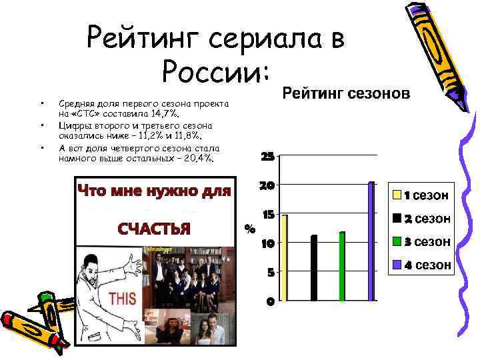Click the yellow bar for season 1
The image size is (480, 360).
[x=285, y=257]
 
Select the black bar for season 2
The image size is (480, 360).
[x=314, y=267]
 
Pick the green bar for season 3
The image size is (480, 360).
[x=342, y=265]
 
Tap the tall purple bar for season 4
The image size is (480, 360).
[x=371, y=241]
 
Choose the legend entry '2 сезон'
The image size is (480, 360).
[x=421, y=219]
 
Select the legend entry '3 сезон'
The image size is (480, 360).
[x=421, y=241]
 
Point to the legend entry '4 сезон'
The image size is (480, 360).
[x=421, y=265]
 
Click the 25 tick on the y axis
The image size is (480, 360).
[x=267, y=157]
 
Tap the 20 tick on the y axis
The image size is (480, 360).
[x=267, y=185]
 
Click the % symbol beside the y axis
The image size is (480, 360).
[x=250, y=229]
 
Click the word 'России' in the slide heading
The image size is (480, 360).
[x=212, y=69]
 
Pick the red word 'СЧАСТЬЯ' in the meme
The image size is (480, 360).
[x=154, y=229]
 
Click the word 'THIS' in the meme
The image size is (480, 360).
[x=123, y=297]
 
